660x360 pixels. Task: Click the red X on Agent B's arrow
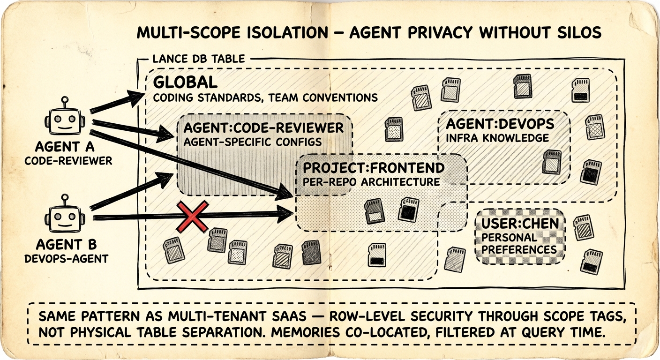[192, 217]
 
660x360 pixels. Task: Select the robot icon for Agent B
[65, 217]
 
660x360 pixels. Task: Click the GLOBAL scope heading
[186, 83]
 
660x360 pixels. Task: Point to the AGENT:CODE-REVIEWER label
[263, 127]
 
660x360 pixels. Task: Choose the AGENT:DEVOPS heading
[500, 124]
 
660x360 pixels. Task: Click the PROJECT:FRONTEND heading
[374, 168]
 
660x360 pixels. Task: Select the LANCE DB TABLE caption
[199, 59]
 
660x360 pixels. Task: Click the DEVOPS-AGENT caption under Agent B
[66, 258]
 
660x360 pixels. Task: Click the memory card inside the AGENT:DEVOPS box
[552, 162]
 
